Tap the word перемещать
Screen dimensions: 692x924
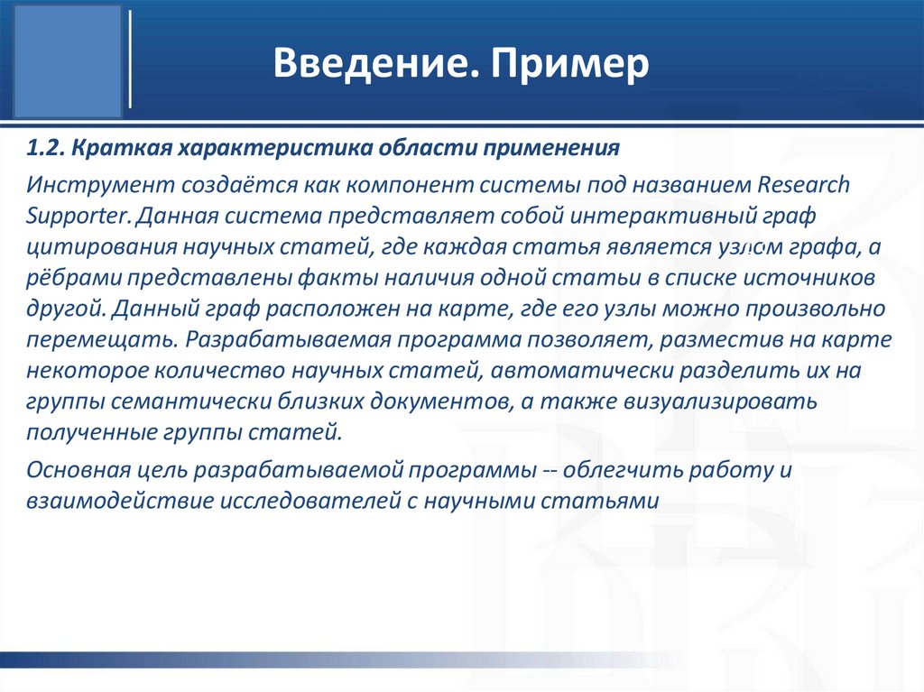click(87, 341)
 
